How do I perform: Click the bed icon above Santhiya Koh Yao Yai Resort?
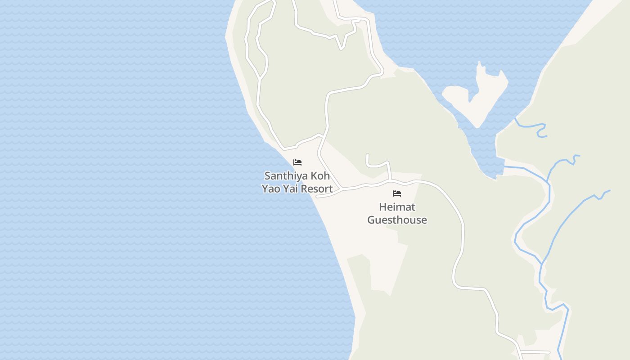tap(297, 162)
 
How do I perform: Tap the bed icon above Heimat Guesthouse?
tap(396, 193)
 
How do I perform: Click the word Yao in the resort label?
tap(271, 189)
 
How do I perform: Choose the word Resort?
tap(317, 189)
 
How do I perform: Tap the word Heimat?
tap(397, 207)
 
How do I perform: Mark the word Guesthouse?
tap(397, 220)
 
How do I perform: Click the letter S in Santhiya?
tap(267, 175)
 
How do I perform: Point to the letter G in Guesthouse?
tap(371, 220)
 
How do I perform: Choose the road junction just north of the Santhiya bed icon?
tap(320, 135)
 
